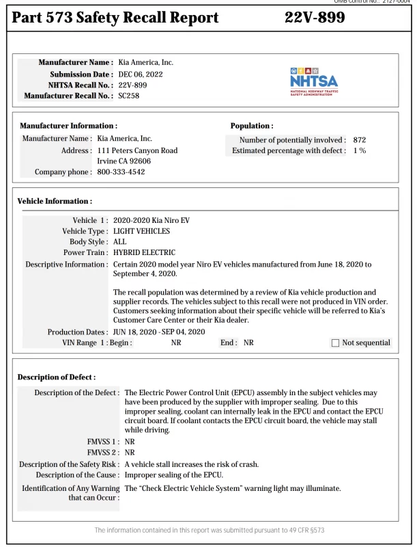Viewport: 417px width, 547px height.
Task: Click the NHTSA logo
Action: pyautogui.click(x=313, y=81)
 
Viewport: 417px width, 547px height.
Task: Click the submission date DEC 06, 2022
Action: pyautogui.click(x=141, y=74)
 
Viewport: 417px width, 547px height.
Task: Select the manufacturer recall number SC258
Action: pyautogui.click(x=129, y=96)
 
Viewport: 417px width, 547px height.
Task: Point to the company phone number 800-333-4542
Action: pyautogui.click(x=121, y=172)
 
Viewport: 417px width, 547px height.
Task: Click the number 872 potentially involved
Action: pyautogui.click(x=360, y=139)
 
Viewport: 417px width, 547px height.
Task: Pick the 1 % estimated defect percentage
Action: pyautogui.click(x=360, y=150)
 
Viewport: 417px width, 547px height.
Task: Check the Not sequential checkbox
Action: pyautogui.click(x=334, y=343)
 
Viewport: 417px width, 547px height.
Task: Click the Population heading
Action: pyautogui.click(x=252, y=126)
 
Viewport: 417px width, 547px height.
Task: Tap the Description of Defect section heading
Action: pyautogui.click(x=57, y=377)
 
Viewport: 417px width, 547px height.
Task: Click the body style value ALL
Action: pyautogui.click(x=119, y=242)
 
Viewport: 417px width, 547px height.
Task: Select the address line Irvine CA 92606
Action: pyautogui.click(x=124, y=161)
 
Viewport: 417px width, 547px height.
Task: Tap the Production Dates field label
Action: pyautogui.click(x=77, y=332)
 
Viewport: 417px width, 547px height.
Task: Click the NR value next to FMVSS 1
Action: pyautogui.click(x=130, y=442)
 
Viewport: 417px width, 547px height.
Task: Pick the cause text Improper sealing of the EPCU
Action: pyautogui.click(x=173, y=475)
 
